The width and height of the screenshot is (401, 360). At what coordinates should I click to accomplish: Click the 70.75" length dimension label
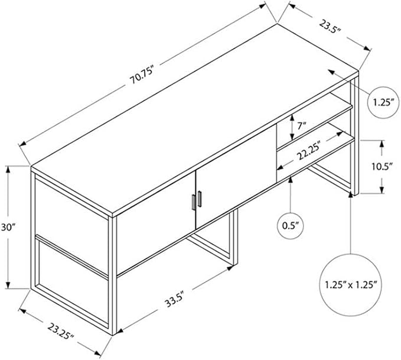tap(142, 75)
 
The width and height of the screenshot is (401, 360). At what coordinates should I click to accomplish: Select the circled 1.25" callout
tap(383, 102)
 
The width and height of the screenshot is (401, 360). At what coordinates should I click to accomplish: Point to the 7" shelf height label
tap(302, 126)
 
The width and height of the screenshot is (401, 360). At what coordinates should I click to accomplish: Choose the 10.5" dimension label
tap(382, 167)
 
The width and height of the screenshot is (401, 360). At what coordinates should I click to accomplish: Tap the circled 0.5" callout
tap(291, 226)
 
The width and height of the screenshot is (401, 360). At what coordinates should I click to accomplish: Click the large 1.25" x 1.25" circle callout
tap(351, 285)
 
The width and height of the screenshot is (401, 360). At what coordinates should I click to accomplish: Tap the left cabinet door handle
tap(194, 202)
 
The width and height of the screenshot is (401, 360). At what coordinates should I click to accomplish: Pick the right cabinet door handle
tap(200, 199)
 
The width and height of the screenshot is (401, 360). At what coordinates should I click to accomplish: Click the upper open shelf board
tap(315, 125)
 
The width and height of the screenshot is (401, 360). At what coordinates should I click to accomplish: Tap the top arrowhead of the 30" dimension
tap(8, 169)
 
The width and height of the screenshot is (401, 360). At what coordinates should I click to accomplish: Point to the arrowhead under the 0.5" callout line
tap(290, 180)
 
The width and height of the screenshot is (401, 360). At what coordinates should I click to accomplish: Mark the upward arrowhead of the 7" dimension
tap(292, 118)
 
